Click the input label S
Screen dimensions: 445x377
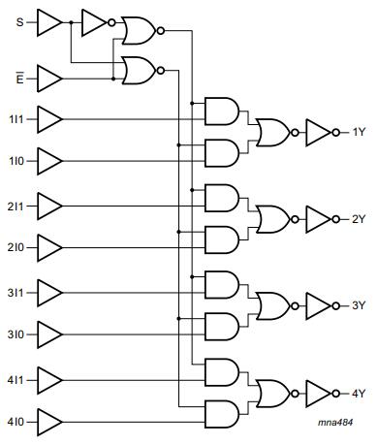pos(19,21)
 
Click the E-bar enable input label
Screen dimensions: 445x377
pos(20,73)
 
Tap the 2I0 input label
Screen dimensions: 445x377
pos(17,247)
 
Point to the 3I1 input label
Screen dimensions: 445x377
pos(17,291)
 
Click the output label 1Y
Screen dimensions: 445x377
pos(359,132)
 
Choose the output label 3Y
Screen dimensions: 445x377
pos(359,305)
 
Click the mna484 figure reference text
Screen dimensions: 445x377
pos(338,424)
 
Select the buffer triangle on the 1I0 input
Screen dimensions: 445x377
pos(48,161)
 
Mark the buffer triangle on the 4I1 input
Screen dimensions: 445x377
pos(48,377)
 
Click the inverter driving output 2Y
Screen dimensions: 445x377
pos(319,218)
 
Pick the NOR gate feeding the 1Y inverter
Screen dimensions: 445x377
pos(271,132)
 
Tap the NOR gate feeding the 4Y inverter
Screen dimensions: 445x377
pos(271,392)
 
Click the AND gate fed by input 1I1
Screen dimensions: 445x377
pos(222,111)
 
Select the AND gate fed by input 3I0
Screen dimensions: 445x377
pos(222,327)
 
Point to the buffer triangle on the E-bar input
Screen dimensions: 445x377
pos(48,74)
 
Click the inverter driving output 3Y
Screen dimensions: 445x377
pos(319,305)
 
